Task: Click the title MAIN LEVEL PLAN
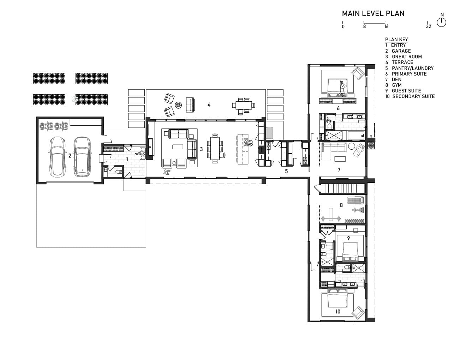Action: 373,13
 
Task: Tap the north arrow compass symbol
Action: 441,22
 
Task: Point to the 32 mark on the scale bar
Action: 429,26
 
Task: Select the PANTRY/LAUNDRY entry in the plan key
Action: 410,68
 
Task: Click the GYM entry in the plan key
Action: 393,85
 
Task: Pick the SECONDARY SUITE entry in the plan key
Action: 410,96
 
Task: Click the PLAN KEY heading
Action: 396,40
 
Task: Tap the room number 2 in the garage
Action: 70,156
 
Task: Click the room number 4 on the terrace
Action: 209,105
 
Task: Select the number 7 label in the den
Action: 339,170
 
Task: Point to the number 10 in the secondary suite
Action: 338,312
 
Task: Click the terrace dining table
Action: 244,105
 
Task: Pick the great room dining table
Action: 215,148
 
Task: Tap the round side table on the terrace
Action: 178,105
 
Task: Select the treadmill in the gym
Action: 356,200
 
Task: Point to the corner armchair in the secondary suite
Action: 358,313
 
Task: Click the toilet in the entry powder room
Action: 119,172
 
